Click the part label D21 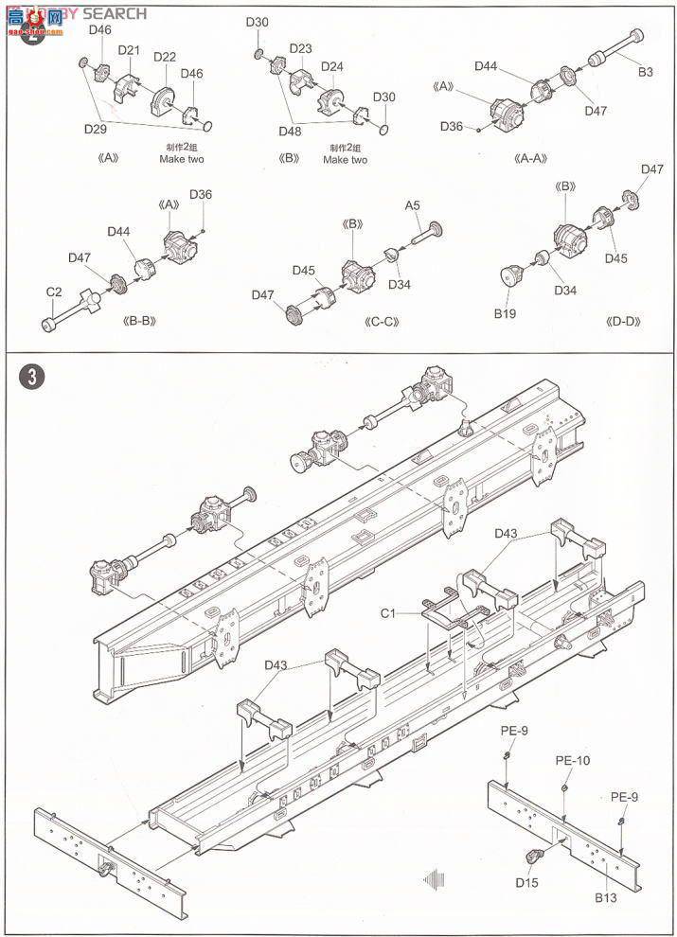[x=129, y=50]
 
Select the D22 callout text [x=164, y=58]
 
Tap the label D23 [x=300, y=48]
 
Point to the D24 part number [x=331, y=66]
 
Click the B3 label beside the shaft [x=644, y=71]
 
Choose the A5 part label [x=413, y=204]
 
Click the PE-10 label [x=572, y=760]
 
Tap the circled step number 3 [x=31, y=376]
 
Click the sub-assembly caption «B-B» [x=140, y=320]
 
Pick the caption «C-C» [x=383, y=320]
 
